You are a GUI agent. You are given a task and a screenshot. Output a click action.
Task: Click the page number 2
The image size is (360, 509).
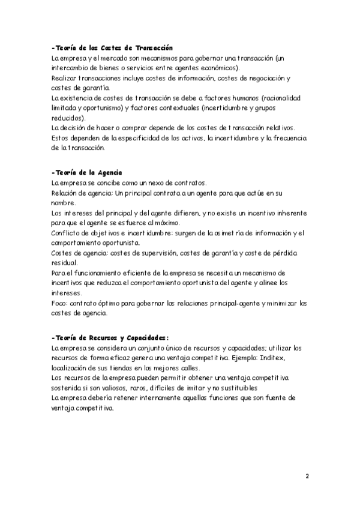pyautogui.click(x=307, y=477)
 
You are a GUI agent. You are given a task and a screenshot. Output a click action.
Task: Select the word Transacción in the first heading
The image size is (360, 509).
pyautogui.click(x=155, y=47)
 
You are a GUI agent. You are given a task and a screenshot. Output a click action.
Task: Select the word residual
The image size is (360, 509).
pyautogui.click(x=65, y=263)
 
